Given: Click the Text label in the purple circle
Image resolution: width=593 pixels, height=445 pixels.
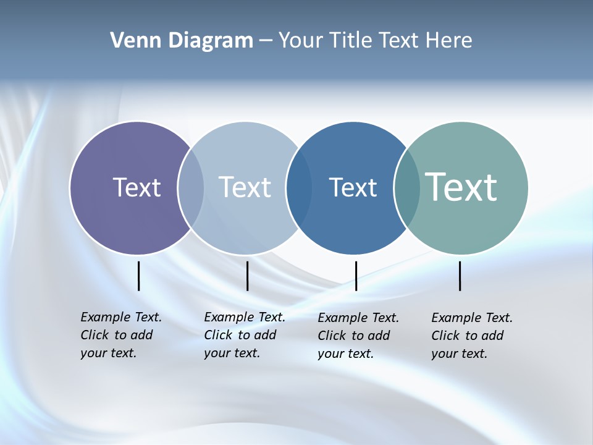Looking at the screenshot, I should coord(137,187).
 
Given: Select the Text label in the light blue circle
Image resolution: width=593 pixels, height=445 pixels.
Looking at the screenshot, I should coord(245,187).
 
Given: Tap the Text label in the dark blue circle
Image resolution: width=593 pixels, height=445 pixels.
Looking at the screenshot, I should coord(353,187).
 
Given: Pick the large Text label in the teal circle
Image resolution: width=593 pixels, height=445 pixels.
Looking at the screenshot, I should coord(461,187).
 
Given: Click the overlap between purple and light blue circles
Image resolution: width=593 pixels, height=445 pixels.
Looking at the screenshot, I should coord(191,187).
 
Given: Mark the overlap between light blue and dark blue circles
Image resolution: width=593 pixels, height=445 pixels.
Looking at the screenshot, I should coord(299,187).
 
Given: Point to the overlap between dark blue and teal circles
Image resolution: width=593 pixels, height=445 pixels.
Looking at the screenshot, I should coord(406,187).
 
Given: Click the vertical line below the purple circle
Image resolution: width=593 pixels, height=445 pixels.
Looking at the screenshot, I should coord(139,276).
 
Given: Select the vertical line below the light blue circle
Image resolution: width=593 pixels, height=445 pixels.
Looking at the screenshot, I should coord(247,276).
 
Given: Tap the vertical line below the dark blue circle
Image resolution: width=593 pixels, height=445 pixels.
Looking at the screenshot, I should coord(356,276).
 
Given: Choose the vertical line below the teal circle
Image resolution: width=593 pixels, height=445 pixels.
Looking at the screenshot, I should coord(460,276).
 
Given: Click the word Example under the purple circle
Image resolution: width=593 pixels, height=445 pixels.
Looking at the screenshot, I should coord(105,317).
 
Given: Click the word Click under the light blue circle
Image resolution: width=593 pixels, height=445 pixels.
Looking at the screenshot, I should coord(218,335).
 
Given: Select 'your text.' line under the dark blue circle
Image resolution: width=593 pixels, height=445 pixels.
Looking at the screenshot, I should coord(345,354).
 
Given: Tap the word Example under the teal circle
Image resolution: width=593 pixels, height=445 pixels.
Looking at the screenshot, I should coord(456,318).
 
